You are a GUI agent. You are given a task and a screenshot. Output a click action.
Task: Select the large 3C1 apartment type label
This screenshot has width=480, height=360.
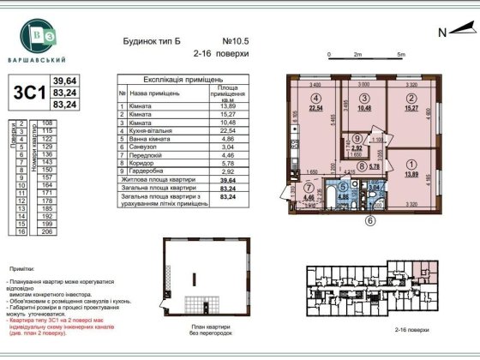25,91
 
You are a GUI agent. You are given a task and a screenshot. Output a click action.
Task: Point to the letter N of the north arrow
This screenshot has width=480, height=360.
441,33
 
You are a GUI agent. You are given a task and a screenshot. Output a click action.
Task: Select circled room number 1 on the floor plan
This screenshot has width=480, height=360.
410,165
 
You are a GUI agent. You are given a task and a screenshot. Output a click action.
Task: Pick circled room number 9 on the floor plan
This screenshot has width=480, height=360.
357,137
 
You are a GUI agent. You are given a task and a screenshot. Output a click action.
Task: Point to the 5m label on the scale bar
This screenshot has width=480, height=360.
400,54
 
